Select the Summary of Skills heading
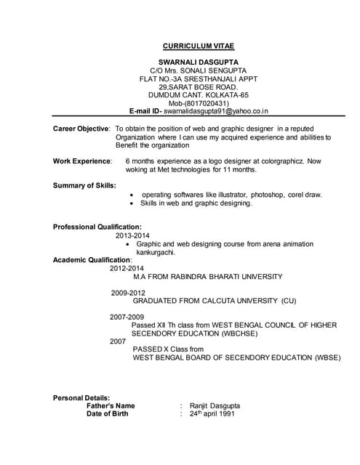click(x=84, y=185)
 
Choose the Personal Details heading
click(x=81, y=397)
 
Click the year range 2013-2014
click(x=132, y=236)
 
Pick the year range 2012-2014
click(x=127, y=268)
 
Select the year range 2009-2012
click(x=129, y=292)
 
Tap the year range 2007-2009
click(x=127, y=317)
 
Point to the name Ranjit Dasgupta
click(x=215, y=405)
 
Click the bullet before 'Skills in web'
click(x=131, y=204)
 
